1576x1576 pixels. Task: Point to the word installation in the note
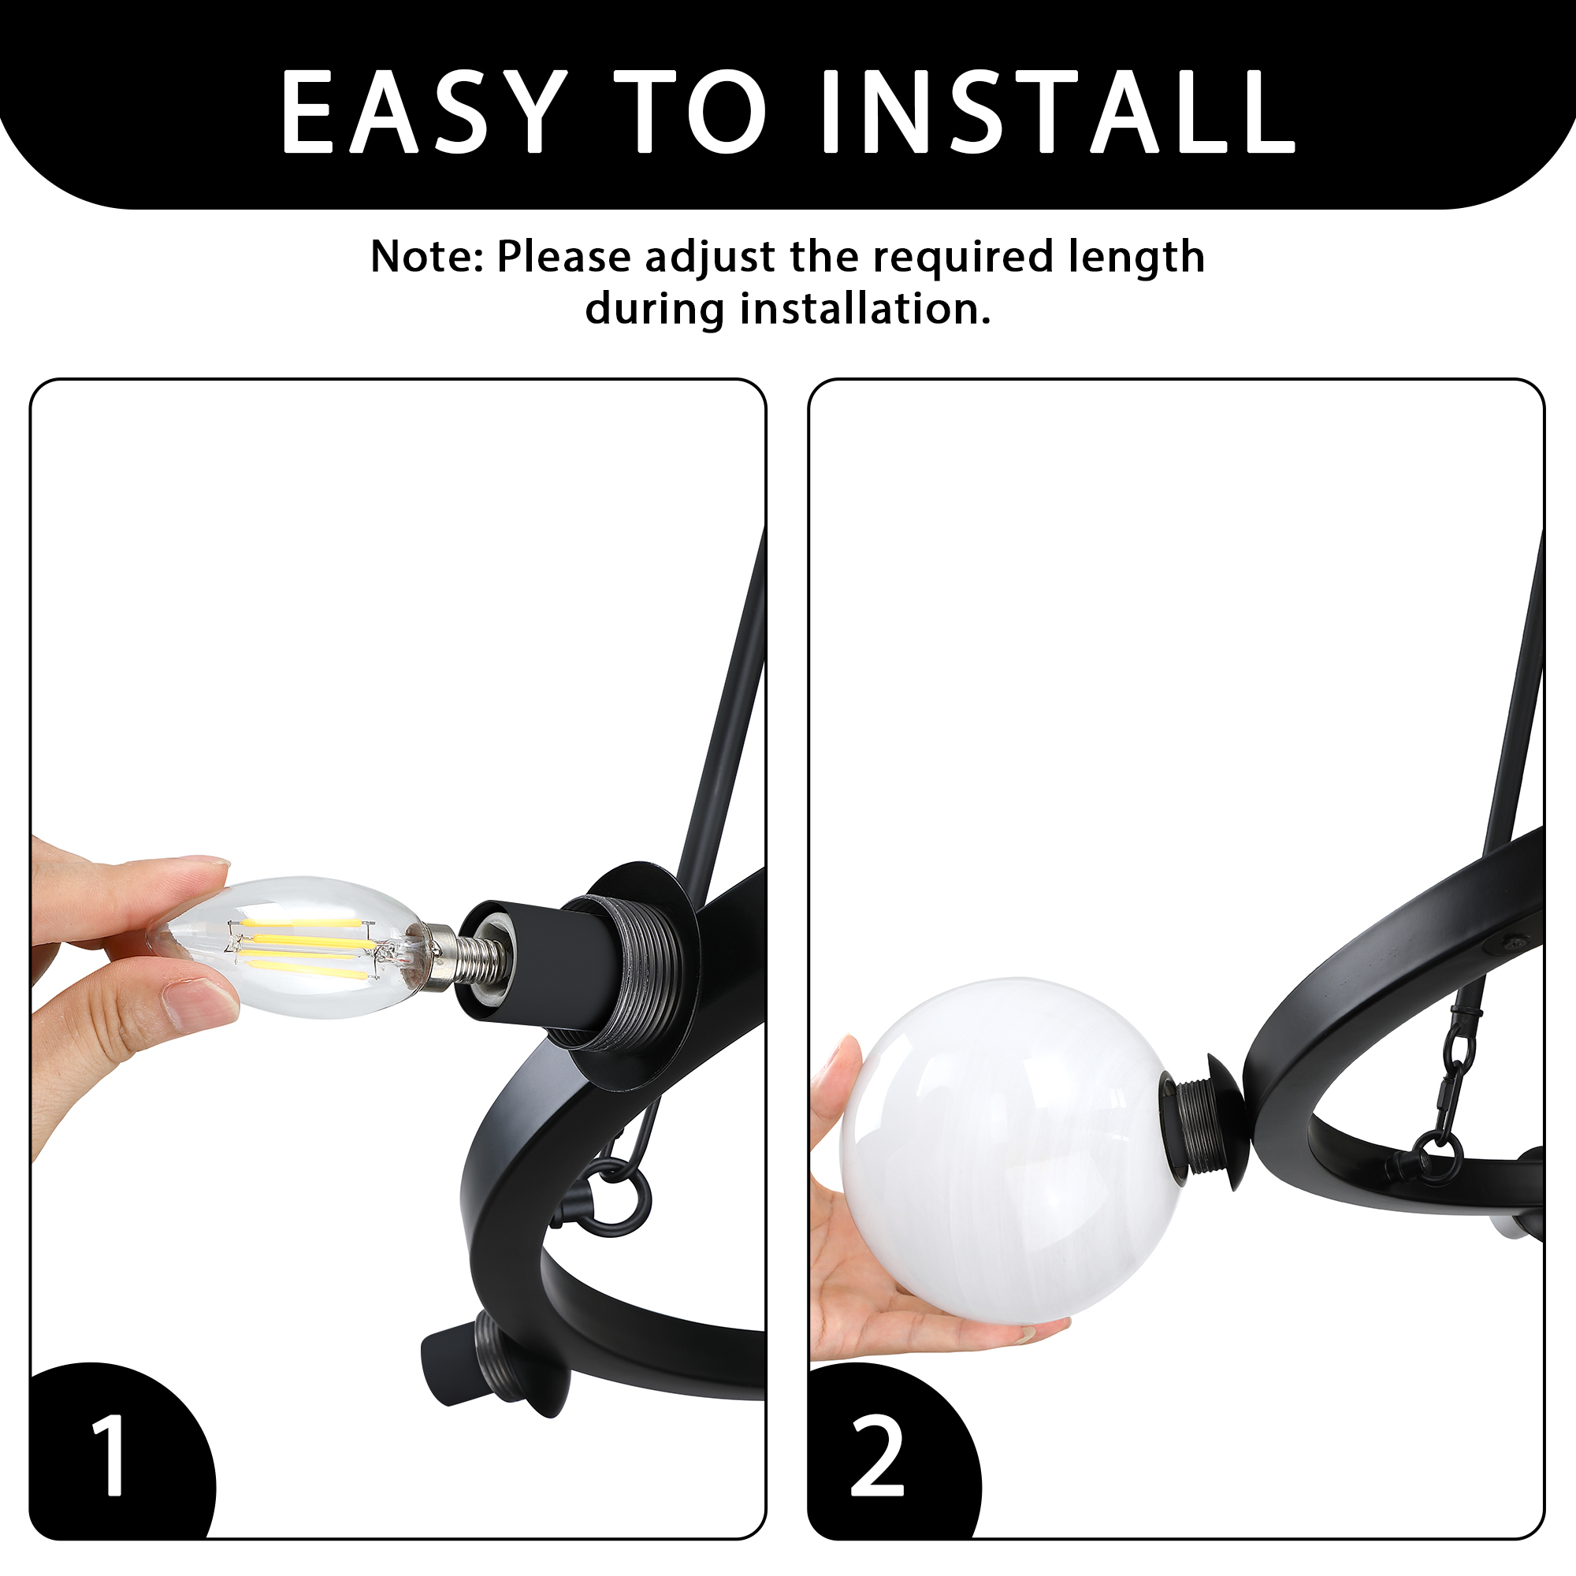tap(865, 309)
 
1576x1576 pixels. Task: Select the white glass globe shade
tap(1012, 1150)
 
